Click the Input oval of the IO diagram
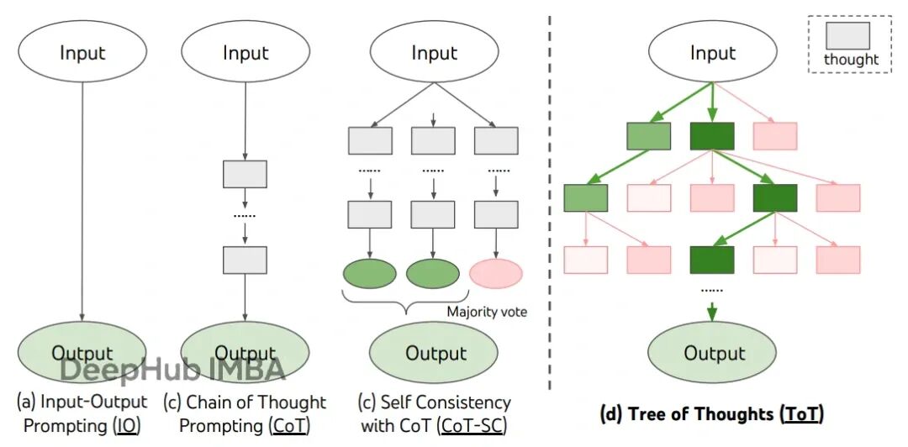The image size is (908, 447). tap(82, 53)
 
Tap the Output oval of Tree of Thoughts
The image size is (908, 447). tap(712, 352)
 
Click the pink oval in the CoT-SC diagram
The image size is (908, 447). tap(496, 274)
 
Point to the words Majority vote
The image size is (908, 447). tap(487, 312)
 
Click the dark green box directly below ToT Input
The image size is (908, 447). tap(712, 136)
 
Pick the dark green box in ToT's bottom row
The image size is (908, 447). tap(712, 260)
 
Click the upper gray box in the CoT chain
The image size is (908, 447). tap(245, 174)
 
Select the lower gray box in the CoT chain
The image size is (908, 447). tap(245, 260)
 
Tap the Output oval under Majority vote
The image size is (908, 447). tap(434, 352)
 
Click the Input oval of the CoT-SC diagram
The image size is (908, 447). tap(434, 53)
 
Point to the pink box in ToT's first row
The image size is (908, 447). tap(775, 136)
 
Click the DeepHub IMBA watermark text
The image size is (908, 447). tap(173, 370)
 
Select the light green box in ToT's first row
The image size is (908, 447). tap(648, 136)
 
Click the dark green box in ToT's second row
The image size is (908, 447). tap(775, 198)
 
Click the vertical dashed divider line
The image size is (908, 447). tap(549, 202)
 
